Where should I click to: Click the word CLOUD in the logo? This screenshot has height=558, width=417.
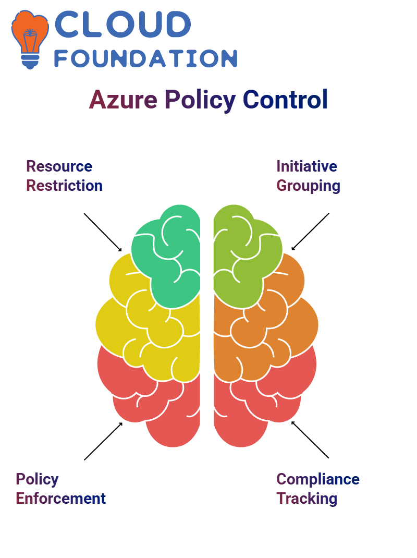pos(122,24)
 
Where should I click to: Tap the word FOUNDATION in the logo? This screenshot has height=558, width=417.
pos(145,58)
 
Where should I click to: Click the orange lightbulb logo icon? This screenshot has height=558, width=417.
pos(30,39)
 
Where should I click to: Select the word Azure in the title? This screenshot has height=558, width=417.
pos(123,99)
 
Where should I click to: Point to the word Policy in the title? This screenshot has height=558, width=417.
pos(200,100)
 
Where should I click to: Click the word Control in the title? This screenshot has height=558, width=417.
pos(285,99)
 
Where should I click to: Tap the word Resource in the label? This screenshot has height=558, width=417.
pos(59,166)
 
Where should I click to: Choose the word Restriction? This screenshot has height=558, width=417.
pos(65,186)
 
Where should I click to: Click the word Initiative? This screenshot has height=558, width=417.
pos(306,166)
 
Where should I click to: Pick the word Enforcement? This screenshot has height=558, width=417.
pos(60,498)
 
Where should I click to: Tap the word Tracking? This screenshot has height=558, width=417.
pos(306,499)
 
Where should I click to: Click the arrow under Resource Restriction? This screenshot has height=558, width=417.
pos(103,233)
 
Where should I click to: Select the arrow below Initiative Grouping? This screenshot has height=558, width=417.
pos(310,232)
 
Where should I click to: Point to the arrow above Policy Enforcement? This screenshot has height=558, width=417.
pos(103,441)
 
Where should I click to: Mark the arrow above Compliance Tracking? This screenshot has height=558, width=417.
pos(310,440)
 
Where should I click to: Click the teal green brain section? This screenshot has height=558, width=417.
pos(167,256)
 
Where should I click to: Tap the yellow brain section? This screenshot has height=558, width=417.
pos(150,324)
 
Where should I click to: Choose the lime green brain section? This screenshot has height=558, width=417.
pos(246,256)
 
